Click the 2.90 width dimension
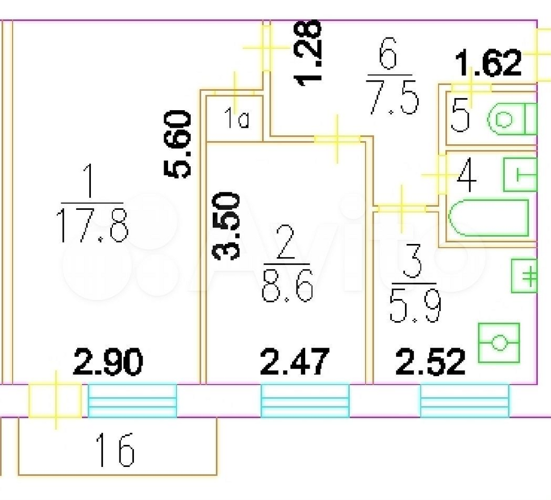click(x=108, y=362)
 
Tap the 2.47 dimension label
click(x=294, y=362)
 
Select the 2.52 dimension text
click(x=431, y=362)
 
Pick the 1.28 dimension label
click(x=309, y=52)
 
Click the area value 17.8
click(x=93, y=226)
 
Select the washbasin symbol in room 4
click(x=520, y=175)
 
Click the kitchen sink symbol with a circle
click(x=499, y=344)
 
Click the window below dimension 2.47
click(x=305, y=400)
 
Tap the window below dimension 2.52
click(x=464, y=400)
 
